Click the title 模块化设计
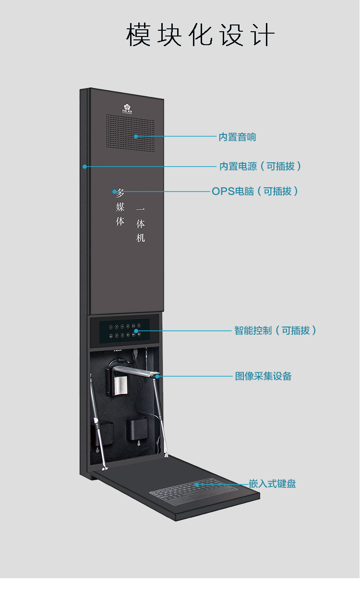[200, 35]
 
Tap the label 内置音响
[237, 137]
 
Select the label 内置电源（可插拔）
[260, 167]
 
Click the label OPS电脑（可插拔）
[255, 191]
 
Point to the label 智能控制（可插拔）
[275, 330]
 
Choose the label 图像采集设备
[263, 376]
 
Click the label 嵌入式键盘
[272, 484]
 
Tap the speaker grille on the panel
[130, 133]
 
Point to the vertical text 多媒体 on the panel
[120, 207]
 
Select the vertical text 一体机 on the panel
[140, 224]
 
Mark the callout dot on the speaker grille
[136, 136]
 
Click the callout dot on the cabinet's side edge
[84, 167]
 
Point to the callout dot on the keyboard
[196, 485]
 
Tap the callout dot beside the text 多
[114, 192]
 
